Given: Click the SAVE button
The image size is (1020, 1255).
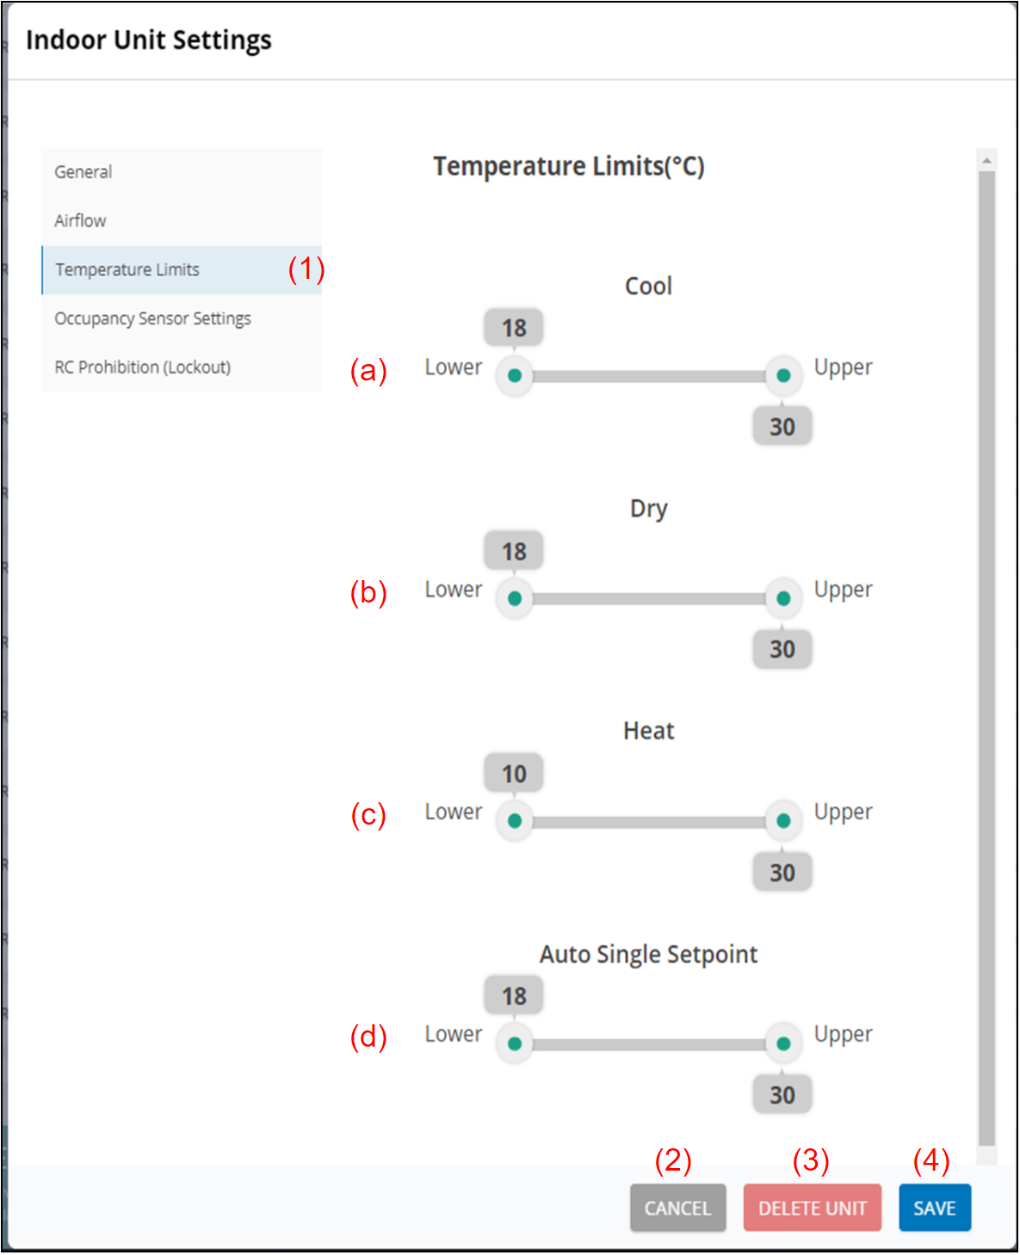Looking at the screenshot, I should coord(934,1208).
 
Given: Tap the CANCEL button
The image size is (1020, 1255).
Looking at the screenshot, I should coord(677,1208).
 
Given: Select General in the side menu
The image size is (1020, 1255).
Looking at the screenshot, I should coord(83,172).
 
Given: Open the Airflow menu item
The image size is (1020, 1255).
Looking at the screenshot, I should coord(80,221).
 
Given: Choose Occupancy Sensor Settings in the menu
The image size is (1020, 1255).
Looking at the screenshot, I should coord(152,318).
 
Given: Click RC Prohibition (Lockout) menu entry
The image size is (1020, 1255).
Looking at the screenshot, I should coord(142,368).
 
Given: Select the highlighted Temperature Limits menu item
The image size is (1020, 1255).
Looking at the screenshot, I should coord(127,270).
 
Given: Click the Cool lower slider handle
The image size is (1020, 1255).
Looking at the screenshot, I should coord(515,375).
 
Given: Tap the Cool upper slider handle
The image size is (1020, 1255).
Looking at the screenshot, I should coord(783,375).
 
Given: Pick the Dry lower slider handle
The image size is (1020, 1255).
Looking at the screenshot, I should coord(515,598).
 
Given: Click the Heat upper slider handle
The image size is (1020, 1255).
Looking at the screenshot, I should coord(783,820).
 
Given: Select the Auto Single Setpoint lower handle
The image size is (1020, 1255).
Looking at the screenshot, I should coord(515,1043).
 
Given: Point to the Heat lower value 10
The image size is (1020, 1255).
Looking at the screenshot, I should coord(514,774).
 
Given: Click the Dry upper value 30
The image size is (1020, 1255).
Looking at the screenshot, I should coord(782,649).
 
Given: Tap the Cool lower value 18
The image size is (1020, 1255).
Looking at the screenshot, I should coord(514,328).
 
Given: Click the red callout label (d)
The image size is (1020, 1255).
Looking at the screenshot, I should coord(368,1036).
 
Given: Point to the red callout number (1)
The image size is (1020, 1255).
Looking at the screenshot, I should coord(306,269).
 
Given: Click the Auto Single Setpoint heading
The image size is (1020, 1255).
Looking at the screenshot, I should coord(648,954).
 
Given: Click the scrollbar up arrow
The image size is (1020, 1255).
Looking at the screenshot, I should coord(987,160).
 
